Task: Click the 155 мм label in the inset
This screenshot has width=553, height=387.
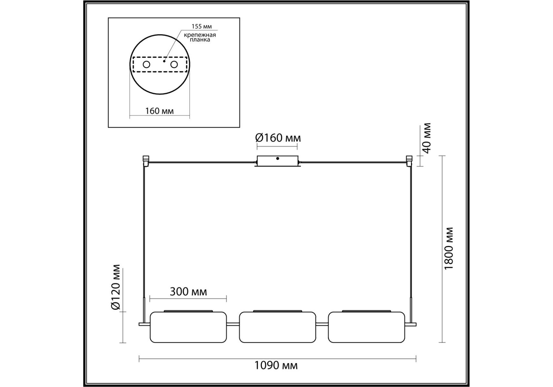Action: [202, 27]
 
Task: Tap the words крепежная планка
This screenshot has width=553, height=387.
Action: [200, 37]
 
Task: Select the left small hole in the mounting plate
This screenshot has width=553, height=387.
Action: [146, 64]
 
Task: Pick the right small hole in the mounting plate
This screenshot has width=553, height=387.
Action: [174, 64]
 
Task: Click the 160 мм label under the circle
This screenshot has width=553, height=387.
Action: [159, 111]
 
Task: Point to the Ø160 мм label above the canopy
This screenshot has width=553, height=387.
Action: [278, 138]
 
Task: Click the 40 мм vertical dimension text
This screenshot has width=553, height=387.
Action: [427, 138]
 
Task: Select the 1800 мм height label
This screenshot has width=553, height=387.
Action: [449, 248]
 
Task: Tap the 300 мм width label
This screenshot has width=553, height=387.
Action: [188, 292]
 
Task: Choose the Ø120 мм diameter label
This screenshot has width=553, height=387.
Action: [115, 287]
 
